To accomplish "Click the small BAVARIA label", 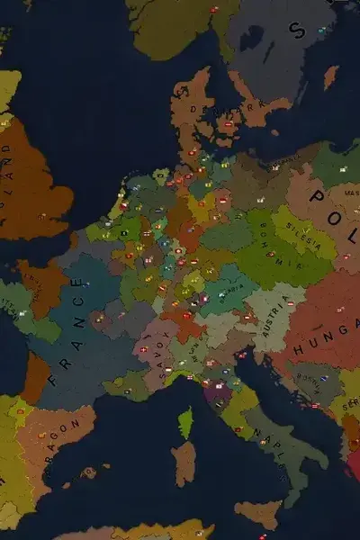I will point(232,290).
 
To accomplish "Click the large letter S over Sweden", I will point(296,30).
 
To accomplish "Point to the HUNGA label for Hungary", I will point(327,328).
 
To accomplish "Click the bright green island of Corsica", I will point(185,423).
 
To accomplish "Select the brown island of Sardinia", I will point(184,463).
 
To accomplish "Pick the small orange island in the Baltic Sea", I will point(330,76).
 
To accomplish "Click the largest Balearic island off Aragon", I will point(89,472).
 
